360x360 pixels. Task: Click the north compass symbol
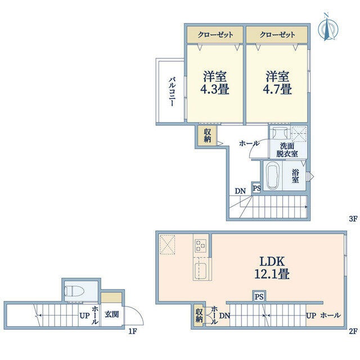click(x=328, y=28)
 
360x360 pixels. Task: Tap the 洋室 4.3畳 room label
click(x=215, y=83)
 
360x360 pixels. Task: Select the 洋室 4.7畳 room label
click(x=277, y=83)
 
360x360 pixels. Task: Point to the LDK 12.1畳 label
click(x=272, y=268)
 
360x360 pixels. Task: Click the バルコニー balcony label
click(x=172, y=92)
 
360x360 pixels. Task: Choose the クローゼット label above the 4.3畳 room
click(x=215, y=35)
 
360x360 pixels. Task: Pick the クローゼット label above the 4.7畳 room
click(x=277, y=35)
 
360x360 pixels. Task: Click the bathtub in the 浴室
click(x=272, y=176)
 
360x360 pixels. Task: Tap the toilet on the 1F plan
click(x=74, y=291)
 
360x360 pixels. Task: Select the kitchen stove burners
click(x=200, y=246)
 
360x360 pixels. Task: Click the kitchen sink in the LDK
click(x=200, y=271)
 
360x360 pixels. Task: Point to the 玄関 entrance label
click(x=112, y=314)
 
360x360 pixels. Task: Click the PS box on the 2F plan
click(x=259, y=296)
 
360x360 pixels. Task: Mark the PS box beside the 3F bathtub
click(x=256, y=188)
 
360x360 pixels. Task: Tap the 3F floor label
click(x=353, y=219)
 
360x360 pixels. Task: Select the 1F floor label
click(x=132, y=331)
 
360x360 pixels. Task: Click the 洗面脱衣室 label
click(x=287, y=150)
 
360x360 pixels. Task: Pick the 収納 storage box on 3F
click(x=207, y=136)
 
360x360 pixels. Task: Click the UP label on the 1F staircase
click(x=84, y=316)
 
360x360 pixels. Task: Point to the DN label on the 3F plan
click(x=240, y=191)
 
